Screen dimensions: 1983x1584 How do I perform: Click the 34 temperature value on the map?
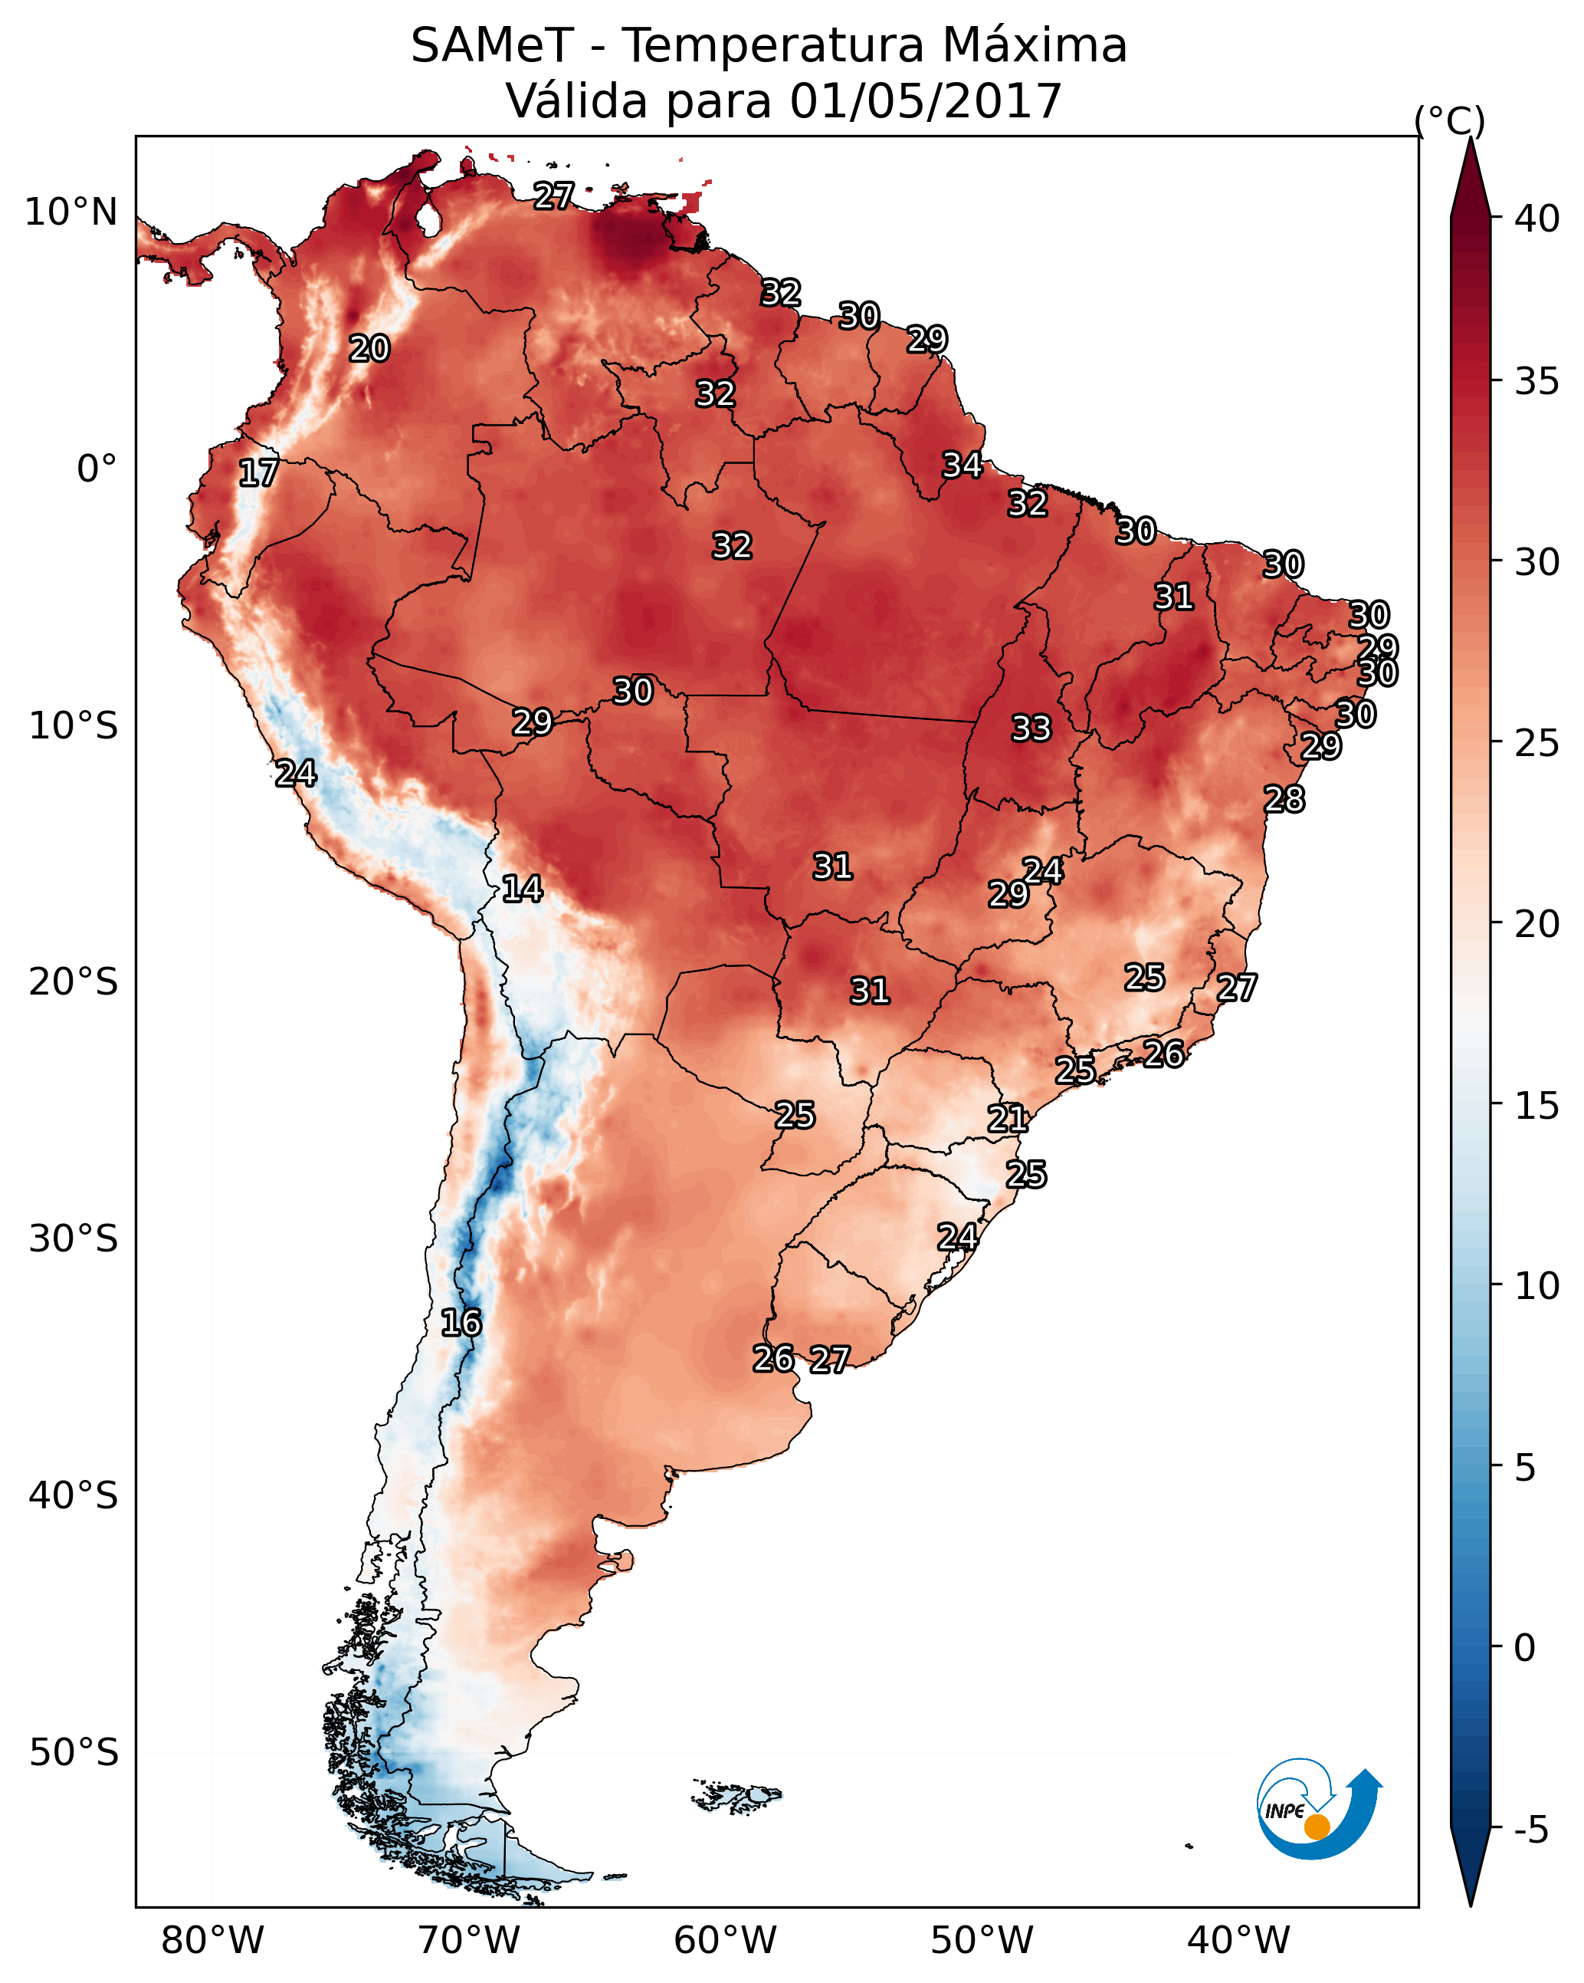click(962, 465)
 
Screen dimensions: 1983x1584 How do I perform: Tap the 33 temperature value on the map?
click(1031, 728)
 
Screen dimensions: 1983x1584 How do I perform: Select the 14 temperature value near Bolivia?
click(521, 889)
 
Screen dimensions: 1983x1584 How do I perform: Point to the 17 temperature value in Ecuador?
click(258, 473)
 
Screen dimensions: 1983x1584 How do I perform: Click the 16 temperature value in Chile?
click(461, 1323)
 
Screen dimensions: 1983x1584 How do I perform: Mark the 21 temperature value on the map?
click(1007, 1119)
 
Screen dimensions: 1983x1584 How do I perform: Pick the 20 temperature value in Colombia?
click(369, 349)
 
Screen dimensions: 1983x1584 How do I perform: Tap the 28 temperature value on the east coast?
click(1284, 799)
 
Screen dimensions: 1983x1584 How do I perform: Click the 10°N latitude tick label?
click(71, 212)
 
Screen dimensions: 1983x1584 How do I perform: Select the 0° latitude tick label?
click(97, 469)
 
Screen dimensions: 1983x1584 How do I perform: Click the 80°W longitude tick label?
click(212, 1940)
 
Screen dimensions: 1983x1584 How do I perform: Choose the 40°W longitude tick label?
click(1238, 1940)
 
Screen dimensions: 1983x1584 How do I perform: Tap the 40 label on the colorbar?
click(1536, 219)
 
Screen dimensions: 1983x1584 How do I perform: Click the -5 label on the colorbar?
click(1530, 1830)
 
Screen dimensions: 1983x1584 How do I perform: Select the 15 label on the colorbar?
click(1536, 1106)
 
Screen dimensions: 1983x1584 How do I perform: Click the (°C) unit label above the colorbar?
click(1449, 120)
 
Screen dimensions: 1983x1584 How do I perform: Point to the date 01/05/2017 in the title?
click(926, 101)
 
